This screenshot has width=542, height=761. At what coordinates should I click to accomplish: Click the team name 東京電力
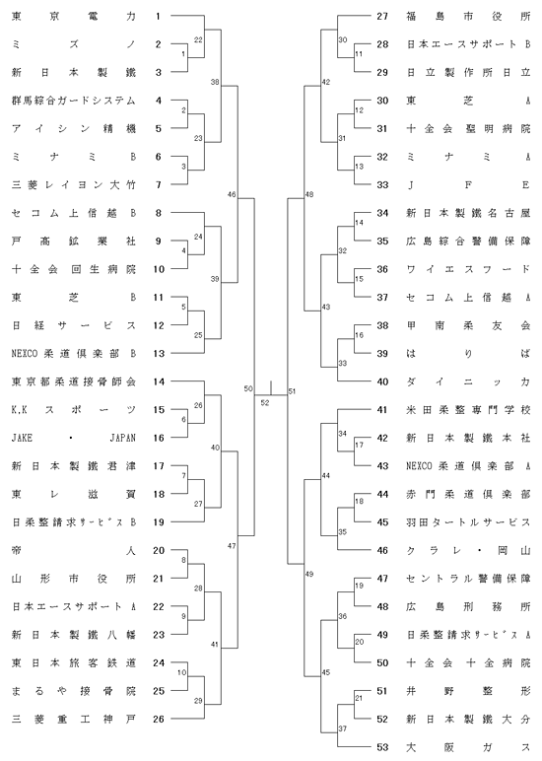point(74,16)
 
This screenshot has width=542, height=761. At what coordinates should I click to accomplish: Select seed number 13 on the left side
point(159,354)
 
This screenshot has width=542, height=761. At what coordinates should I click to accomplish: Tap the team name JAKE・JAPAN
point(74,439)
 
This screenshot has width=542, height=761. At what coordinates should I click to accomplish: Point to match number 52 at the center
point(265,402)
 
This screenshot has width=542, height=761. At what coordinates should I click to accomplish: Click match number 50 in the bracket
point(248,388)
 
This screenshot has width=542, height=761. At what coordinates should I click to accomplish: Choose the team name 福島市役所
point(468,16)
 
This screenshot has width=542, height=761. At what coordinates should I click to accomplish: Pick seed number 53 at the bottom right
point(382,747)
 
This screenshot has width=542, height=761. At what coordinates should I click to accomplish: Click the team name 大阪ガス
point(468,747)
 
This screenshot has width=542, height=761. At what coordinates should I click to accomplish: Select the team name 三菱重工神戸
point(74,720)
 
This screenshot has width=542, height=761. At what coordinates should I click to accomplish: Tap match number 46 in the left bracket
point(232,194)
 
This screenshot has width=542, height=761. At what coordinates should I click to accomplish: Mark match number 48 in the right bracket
point(309,194)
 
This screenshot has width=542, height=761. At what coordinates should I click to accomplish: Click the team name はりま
point(468,354)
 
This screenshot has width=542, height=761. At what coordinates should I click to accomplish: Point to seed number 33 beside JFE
point(382,185)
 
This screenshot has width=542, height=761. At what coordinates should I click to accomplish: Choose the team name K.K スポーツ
point(74,410)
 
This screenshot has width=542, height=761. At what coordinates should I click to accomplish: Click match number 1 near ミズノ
point(183,54)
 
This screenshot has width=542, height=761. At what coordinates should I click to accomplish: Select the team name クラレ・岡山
point(468,551)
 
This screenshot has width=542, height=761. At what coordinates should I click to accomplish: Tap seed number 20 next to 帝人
point(159,551)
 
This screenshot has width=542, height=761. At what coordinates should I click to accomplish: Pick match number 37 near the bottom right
point(343,728)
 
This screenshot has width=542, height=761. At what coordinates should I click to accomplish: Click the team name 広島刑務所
point(468,607)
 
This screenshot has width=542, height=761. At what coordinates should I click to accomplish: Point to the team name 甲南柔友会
point(468,325)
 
